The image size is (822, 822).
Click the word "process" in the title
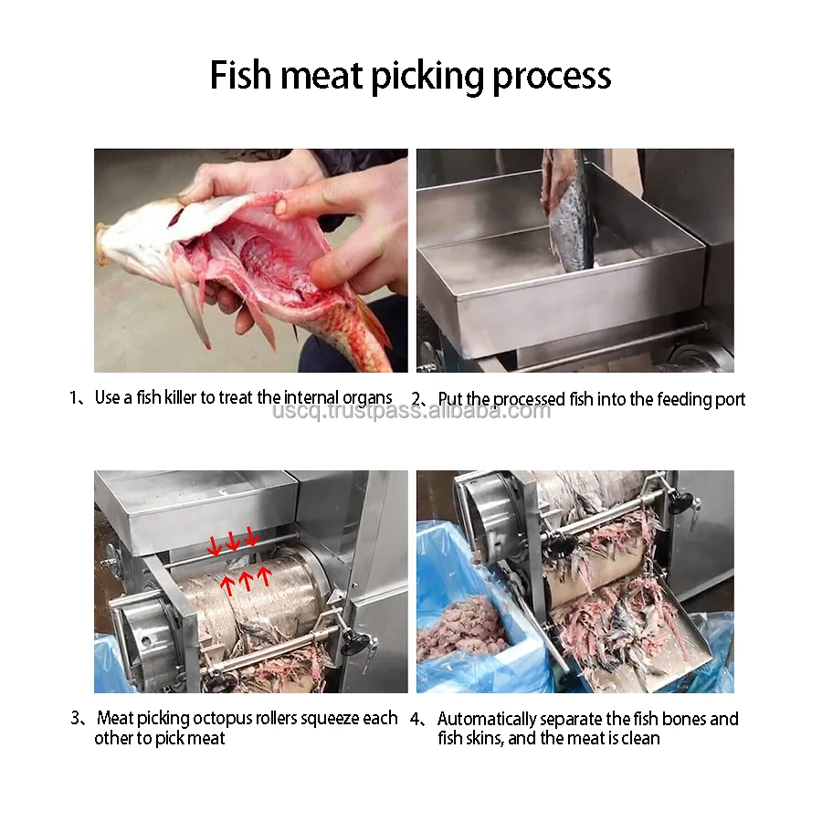coord(552,76)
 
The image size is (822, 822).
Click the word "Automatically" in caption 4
coord(493,719)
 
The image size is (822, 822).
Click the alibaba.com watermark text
coord(412,411)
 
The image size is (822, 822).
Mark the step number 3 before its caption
coord(76,719)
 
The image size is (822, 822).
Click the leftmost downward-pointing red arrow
coord(214,546)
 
